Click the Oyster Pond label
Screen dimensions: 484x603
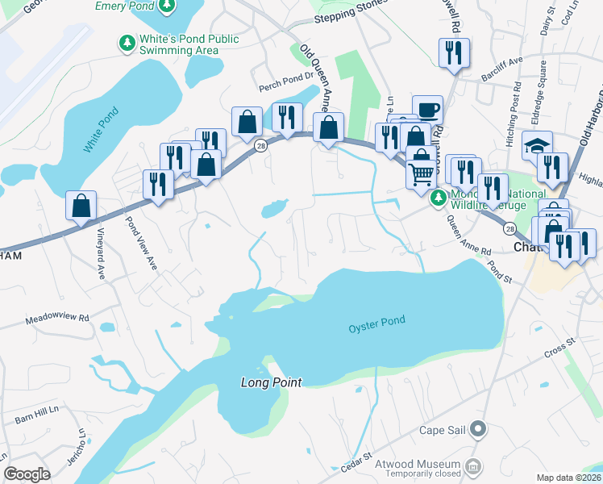pos(376,322)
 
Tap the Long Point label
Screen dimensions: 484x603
pos(271,382)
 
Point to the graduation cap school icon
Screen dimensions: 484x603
pos(537,145)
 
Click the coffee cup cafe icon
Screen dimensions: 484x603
pos(427,109)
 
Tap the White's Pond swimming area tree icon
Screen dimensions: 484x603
pos(127,44)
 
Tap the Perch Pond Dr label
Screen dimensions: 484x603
pos(285,88)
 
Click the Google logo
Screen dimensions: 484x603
pos(27,474)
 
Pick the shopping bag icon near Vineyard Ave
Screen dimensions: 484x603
pos(81,206)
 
